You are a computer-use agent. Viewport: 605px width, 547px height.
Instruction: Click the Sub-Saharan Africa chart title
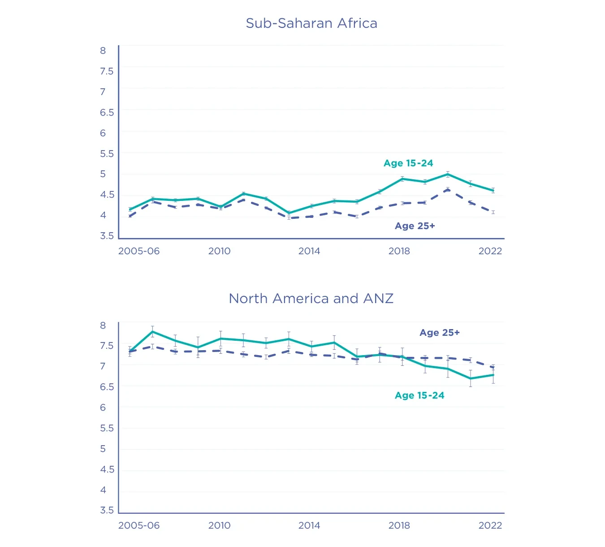(x=311, y=23)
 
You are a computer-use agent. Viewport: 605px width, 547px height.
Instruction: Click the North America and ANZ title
(x=311, y=299)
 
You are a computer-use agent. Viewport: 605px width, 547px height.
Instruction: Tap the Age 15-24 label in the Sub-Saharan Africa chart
(x=408, y=163)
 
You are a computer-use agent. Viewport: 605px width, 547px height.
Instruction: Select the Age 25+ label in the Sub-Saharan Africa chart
(x=415, y=226)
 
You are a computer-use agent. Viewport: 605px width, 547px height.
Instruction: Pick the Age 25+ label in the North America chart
(x=439, y=333)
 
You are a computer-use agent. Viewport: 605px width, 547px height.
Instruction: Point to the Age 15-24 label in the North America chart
(x=419, y=395)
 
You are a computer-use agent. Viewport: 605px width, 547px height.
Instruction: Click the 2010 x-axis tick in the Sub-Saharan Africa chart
(x=219, y=251)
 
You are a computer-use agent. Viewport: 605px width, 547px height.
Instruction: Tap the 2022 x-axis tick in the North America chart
(x=490, y=525)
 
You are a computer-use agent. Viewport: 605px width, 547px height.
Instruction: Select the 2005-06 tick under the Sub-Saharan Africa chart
(x=139, y=251)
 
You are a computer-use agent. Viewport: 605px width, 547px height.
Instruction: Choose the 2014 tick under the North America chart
(x=309, y=525)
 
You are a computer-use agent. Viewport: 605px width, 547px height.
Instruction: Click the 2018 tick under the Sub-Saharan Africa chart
(x=399, y=251)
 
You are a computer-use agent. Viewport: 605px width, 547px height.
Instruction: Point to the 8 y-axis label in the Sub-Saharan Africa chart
(x=103, y=51)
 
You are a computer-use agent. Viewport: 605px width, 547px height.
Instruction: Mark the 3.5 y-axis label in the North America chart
(x=107, y=510)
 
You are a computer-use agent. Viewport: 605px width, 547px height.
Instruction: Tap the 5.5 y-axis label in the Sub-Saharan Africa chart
(x=107, y=154)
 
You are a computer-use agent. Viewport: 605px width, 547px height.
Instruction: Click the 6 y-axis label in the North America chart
(x=103, y=408)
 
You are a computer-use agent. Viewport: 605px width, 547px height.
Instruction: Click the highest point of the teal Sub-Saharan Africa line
(x=448, y=174)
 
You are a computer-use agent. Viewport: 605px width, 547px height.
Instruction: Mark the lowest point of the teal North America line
(x=471, y=378)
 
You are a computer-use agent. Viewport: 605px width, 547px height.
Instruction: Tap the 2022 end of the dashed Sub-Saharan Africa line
(x=493, y=212)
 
